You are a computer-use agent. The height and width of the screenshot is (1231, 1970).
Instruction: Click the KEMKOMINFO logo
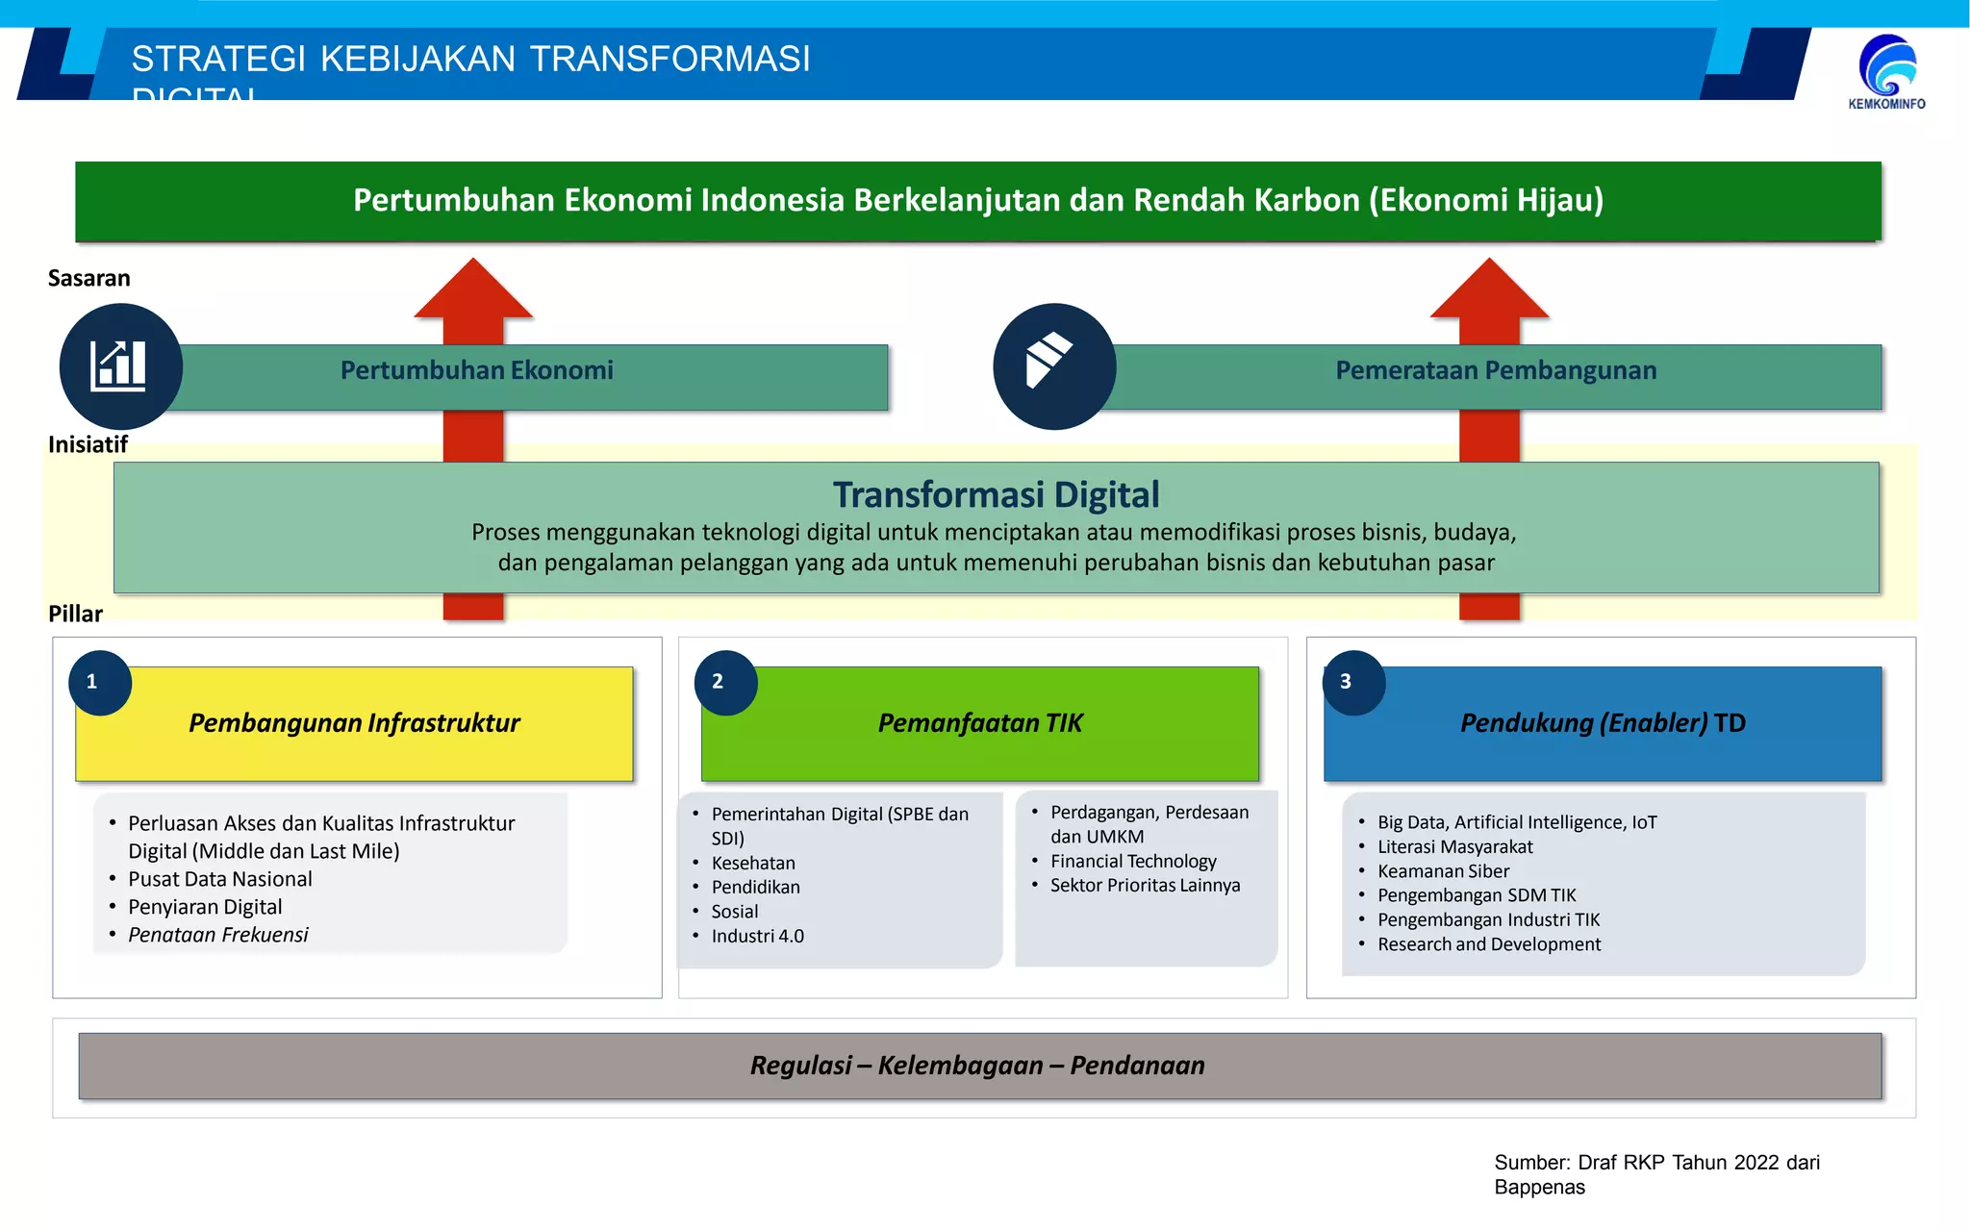[x=1886, y=71]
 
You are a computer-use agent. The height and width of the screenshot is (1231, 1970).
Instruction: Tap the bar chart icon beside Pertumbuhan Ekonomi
[x=120, y=366]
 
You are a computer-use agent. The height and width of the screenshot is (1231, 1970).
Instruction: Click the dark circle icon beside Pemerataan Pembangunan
[x=1053, y=366]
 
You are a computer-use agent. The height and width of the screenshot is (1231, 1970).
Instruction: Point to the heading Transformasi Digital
[x=996, y=495]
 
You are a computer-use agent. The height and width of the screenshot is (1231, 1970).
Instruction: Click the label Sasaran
[x=88, y=278]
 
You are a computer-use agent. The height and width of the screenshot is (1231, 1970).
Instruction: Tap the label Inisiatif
[x=88, y=444]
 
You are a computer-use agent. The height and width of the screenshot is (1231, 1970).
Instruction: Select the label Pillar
[x=75, y=614]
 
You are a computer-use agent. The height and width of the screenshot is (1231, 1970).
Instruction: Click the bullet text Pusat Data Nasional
[x=219, y=879]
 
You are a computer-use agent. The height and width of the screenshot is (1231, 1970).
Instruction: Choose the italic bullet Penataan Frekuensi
[x=218, y=935]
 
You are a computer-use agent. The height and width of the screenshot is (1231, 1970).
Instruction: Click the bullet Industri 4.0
[x=757, y=936]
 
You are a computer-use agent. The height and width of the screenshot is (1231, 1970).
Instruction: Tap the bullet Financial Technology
[x=1133, y=861]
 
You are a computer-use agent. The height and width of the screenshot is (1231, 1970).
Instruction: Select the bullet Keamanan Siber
[x=1443, y=871]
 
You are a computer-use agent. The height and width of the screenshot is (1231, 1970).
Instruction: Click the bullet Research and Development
[x=1489, y=944]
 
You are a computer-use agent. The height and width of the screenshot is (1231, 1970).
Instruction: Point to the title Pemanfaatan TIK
[x=979, y=723]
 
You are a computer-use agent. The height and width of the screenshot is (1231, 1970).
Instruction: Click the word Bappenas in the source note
[x=1539, y=1188]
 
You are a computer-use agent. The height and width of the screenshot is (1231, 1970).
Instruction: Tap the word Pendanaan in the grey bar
[x=1137, y=1066]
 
